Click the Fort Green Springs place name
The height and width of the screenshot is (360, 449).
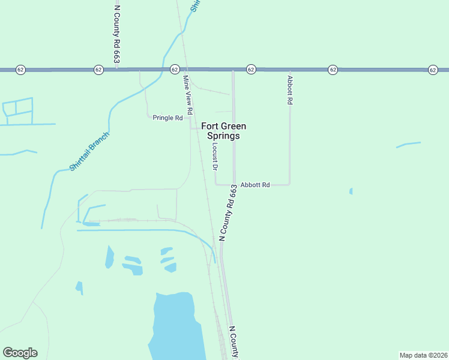coord(223,131)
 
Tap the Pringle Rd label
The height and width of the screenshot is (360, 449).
coord(167,118)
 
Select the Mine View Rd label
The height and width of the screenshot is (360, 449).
coord(187,95)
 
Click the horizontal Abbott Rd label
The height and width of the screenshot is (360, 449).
coord(255,185)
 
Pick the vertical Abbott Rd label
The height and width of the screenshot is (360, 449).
coord(289,90)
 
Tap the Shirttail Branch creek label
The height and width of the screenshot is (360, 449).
coord(89,151)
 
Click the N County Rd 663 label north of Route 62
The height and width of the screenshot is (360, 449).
coord(117,34)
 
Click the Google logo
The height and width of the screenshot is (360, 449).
coord(20,353)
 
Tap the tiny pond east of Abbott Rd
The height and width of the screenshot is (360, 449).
coord(351,191)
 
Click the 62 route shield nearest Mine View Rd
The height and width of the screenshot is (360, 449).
coord(175,70)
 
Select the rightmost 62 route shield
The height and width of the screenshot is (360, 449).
coord(433,70)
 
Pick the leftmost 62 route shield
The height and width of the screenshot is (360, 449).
coord(20,70)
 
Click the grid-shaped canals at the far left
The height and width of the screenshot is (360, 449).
coord(18,112)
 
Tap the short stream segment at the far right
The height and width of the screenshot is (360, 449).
coord(408,144)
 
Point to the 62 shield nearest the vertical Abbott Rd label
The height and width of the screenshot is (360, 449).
coord(333,70)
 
